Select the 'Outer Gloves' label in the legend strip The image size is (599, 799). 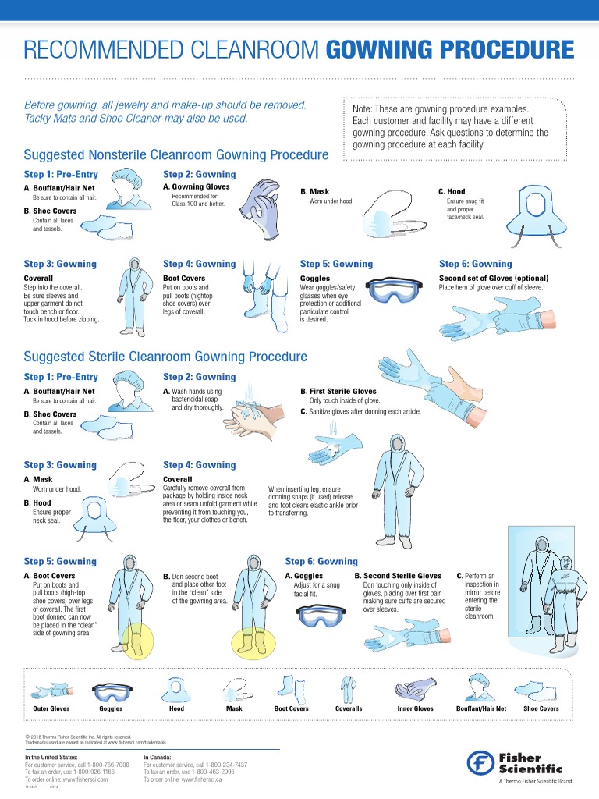[51, 708]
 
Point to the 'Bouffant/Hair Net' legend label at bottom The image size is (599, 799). [481, 708]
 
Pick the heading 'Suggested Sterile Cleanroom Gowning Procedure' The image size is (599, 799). [165, 357]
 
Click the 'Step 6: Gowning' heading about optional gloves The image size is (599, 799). [475, 264]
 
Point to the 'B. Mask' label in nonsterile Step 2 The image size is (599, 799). [314, 191]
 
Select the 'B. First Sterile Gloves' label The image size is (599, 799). [338, 391]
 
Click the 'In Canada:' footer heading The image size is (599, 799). [161, 757]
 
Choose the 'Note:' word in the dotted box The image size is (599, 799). [364, 109]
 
